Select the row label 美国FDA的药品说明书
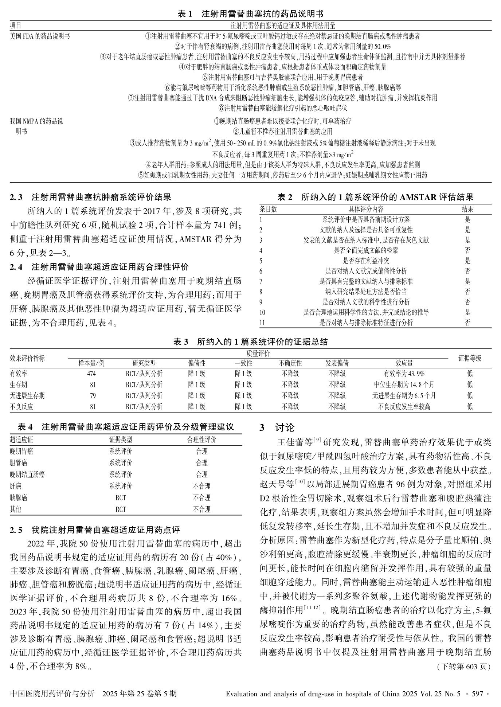click(x=40, y=36)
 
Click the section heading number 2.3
click(x=16, y=198)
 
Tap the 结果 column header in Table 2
click(x=467, y=209)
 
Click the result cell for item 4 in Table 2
click(x=467, y=250)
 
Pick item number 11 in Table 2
click(x=262, y=323)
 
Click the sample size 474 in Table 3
click(x=91, y=374)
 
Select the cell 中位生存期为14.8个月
click(x=404, y=384)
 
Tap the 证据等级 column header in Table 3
click(x=470, y=358)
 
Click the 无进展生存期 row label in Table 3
click(x=27, y=395)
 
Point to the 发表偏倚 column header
click(x=337, y=363)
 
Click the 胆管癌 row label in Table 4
click(x=18, y=463)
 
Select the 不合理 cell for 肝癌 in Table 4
click(x=201, y=486)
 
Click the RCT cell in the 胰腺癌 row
click(x=121, y=498)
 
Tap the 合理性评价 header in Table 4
click(x=201, y=440)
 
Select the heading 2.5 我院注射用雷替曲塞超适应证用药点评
click(x=95, y=530)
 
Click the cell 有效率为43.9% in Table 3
click(x=404, y=374)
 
